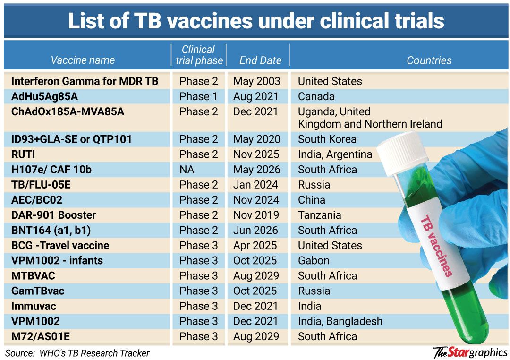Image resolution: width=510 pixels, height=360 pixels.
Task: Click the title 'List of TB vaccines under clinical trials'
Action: click(256, 21)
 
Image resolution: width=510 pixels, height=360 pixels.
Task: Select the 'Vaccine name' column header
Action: click(83, 60)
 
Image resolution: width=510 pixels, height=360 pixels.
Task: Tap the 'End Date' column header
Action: click(260, 60)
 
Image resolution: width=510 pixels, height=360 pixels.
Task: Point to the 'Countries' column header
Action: click(429, 60)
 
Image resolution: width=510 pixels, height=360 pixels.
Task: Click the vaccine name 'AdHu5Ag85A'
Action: click(44, 96)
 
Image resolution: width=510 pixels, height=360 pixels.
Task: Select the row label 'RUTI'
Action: click(23, 154)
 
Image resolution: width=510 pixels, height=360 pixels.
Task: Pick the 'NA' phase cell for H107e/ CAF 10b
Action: click(187, 170)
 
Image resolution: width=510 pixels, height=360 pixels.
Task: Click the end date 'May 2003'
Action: click(256, 81)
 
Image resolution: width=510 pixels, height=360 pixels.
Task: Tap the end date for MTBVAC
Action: click(256, 276)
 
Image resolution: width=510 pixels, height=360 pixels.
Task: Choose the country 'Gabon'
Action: click(314, 261)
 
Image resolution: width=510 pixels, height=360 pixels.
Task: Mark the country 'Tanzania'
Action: click(319, 215)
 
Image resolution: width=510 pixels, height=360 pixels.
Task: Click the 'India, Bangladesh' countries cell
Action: click(340, 321)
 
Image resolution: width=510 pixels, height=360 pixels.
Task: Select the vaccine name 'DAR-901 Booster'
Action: click(53, 215)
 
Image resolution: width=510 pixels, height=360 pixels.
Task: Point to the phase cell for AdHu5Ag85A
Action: click(198, 96)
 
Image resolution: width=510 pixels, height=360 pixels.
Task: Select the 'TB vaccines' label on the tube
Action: click(436, 246)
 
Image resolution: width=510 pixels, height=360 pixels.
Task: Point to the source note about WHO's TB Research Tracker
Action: click(77, 353)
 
